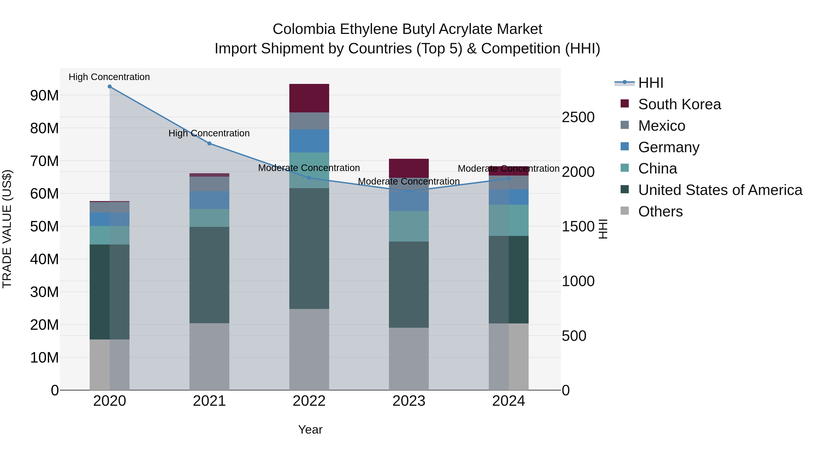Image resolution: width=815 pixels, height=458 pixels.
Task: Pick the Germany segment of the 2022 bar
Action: tap(309, 141)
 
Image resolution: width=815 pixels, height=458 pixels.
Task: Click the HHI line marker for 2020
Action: tap(110, 87)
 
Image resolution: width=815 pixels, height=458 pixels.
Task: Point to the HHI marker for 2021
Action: tap(209, 143)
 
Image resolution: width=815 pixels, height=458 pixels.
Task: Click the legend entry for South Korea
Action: tap(679, 104)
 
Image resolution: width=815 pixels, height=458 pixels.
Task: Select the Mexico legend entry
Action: tap(662, 126)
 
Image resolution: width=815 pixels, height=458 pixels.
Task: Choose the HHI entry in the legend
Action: tap(650, 83)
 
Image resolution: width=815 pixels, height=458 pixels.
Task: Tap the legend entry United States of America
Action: tap(720, 190)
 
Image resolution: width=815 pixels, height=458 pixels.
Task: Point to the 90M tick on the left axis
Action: tap(44, 95)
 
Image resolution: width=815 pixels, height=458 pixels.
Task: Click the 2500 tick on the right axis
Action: tap(578, 117)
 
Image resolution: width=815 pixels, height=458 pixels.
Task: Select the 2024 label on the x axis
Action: tap(508, 401)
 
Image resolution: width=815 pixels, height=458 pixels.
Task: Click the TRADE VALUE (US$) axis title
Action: tap(7, 229)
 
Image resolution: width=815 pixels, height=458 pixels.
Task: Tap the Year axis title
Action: tap(310, 430)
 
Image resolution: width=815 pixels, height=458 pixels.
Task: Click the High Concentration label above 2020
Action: tap(109, 77)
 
